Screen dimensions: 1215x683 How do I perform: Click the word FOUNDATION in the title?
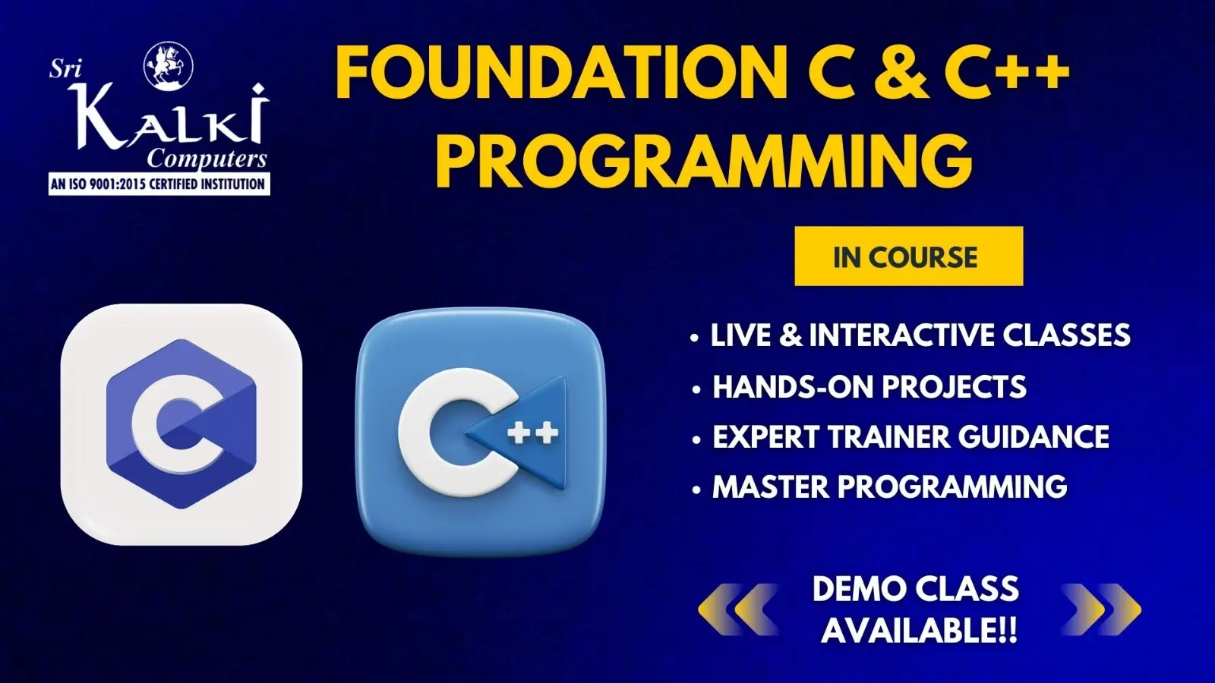(561, 73)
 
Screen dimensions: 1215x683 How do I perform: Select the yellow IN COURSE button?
(908, 256)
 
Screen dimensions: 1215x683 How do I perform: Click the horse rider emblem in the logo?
(168, 66)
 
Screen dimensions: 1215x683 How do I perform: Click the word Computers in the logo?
(207, 159)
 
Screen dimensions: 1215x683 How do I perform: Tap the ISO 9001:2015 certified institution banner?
(159, 184)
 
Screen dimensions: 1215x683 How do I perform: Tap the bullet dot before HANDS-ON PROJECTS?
(696, 390)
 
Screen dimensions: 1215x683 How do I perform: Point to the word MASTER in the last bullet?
(770, 486)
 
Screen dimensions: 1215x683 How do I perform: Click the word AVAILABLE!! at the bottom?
(919, 631)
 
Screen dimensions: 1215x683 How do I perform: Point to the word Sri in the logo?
(65, 69)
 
